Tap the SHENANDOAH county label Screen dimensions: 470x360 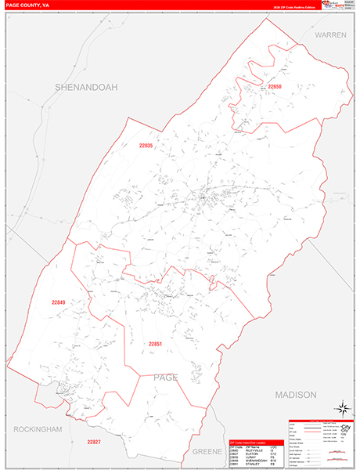[85, 88]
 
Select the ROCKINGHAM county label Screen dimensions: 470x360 [38, 430]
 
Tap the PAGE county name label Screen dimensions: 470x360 [165, 378]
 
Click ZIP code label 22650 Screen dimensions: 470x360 [274, 86]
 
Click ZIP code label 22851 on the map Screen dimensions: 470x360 [155, 343]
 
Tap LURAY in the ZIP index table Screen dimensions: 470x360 [250, 457]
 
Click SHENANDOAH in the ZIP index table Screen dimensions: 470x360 [254, 461]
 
